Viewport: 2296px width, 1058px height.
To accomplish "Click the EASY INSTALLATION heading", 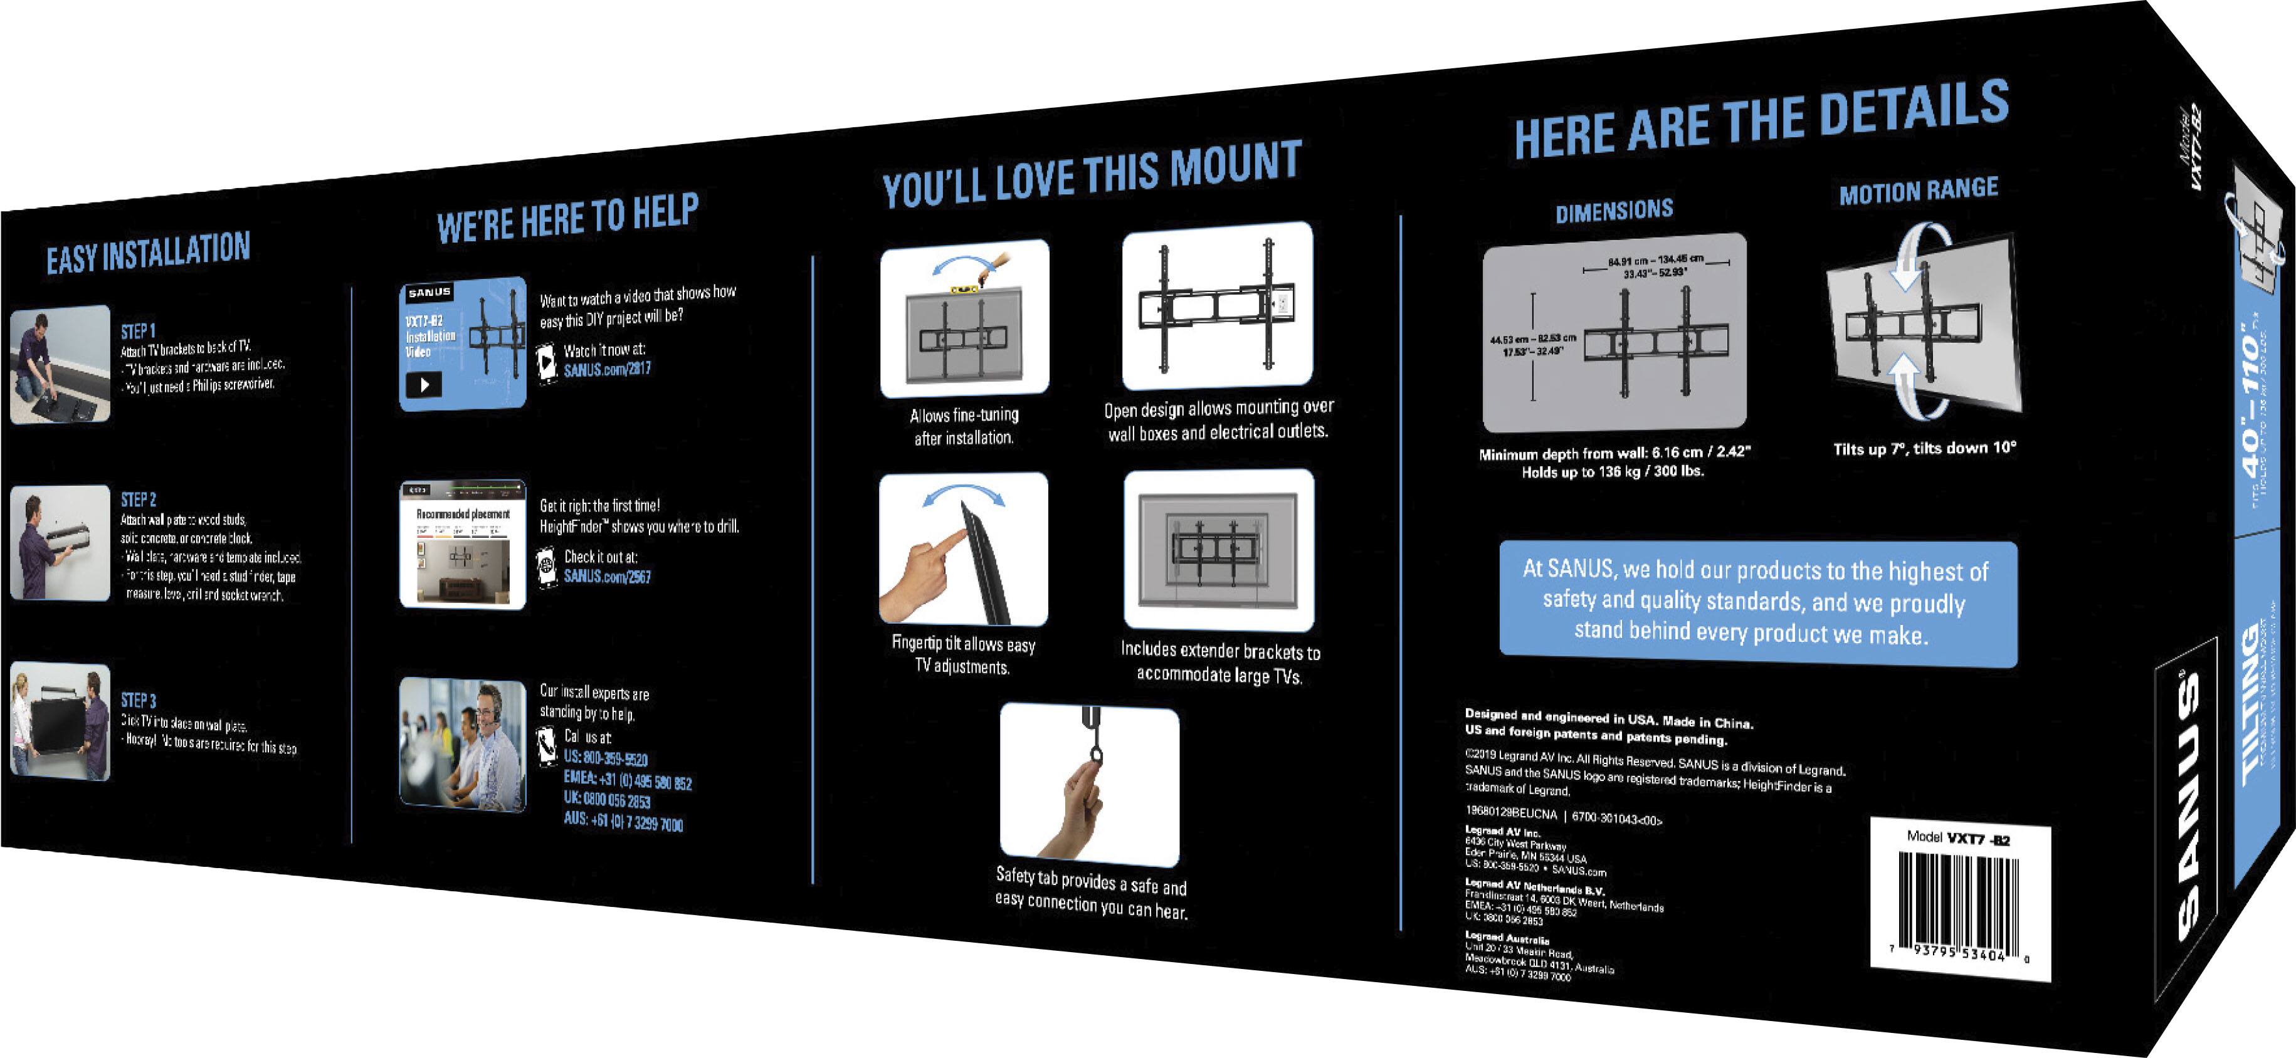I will pyautogui.click(x=148, y=254).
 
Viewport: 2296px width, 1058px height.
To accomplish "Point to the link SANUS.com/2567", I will pyautogui.click(x=607, y=577).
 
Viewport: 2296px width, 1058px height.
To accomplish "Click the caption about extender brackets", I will pyautogui.click(x=1219, y=663).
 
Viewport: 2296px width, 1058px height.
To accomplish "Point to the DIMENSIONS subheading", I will pyautogui.click(x=1614, y=211).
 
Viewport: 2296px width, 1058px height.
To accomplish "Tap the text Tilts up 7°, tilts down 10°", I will pyautogui.click(x=1924, y=448).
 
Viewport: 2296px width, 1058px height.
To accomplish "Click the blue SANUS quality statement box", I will pyautogui.click(x=1757, y=602).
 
